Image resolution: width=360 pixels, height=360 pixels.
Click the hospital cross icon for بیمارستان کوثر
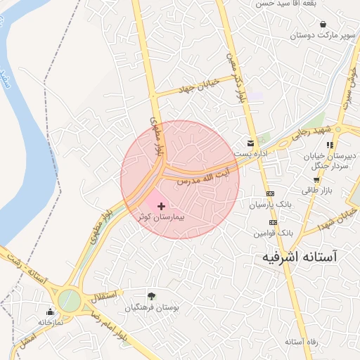[162, 206]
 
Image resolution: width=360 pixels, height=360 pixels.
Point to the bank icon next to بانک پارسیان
[270, 194]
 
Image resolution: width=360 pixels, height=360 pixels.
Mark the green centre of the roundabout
[69, 300]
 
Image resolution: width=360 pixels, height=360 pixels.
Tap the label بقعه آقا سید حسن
[326, 4]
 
